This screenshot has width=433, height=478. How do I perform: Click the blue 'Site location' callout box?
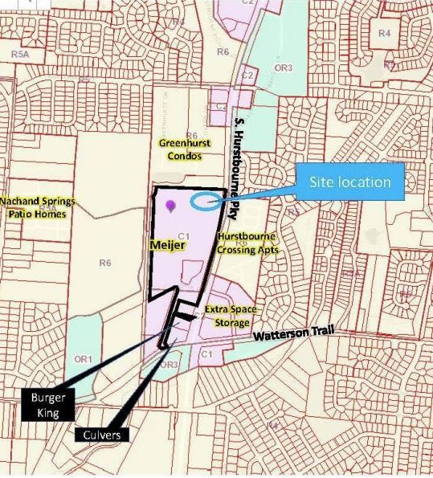tap(350, 182)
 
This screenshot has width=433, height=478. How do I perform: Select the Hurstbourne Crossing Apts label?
tap(247, 243)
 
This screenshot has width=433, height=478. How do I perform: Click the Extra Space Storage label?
tap(228, 316)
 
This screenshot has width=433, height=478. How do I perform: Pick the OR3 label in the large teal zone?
tap(283, 68)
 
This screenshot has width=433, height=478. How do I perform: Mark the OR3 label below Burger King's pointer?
tap(168, 364)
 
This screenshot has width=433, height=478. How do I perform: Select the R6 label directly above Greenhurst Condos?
tap(191, 135)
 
